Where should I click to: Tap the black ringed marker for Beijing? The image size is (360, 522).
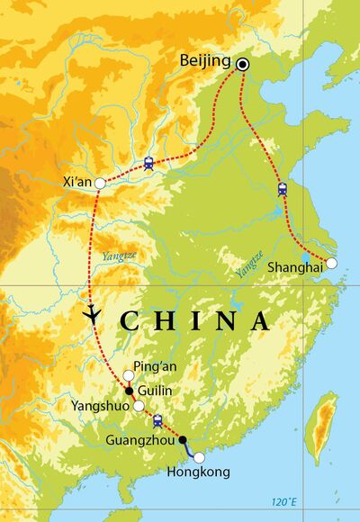pos(243,64)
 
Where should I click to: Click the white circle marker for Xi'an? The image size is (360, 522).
pos(100,184)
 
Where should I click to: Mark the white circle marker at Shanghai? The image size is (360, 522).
pos(331,263)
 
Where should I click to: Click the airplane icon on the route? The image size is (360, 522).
pos(92,313)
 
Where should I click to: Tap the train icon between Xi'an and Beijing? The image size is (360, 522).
pos(148,163)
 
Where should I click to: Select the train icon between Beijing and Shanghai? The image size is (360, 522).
pos(282,188)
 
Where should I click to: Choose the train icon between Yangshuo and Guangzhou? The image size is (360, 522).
pos(158,420)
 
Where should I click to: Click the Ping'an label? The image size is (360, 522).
pos(150,366)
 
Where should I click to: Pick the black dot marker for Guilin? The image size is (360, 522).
pos(129,391)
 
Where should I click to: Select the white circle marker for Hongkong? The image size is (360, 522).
pos(200,457)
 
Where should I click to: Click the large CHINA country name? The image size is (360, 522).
pos(194,321)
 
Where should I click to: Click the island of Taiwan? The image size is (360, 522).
pos(320,428)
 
